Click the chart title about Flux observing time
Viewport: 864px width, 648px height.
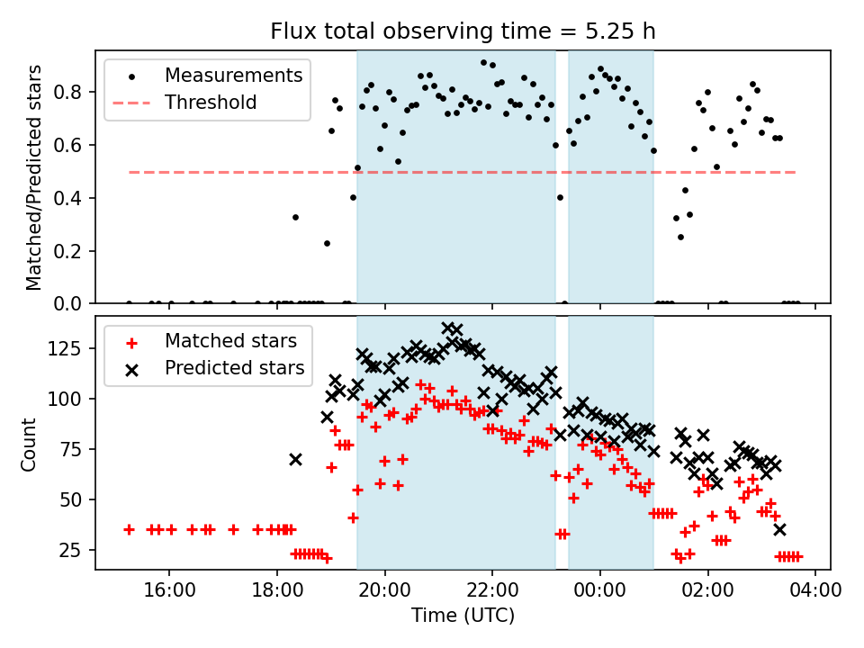[x=463, y=31]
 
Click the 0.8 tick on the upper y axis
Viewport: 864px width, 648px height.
[x=74, y=92]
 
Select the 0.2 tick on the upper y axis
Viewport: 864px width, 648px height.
[x=74, y=251]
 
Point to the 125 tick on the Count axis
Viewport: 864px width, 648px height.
[x=69, y=348]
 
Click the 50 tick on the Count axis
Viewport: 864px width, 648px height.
[x=74, y=499]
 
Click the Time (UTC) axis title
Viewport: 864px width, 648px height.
[x=463, y=616]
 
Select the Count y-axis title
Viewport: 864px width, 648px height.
[x=30, y=444]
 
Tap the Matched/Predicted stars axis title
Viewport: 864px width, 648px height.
[x=33, y=177]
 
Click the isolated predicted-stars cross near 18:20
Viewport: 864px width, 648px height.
[x=295, y=459]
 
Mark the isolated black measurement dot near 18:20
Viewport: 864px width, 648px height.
[x=295, y=217]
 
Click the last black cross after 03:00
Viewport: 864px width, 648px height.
[x=779, y=529]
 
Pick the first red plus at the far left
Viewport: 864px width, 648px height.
[x=129, y=529]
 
